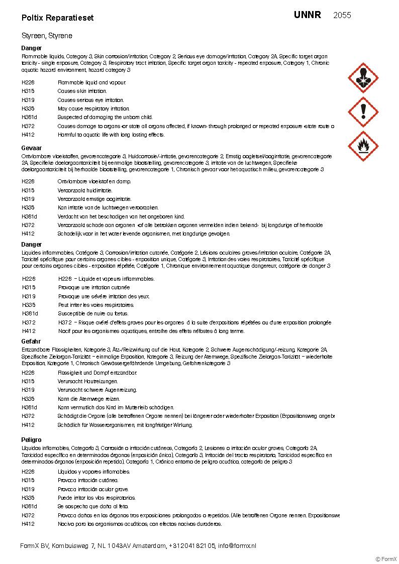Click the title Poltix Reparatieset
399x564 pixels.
[x=57, y=18]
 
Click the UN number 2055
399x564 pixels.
[x=342, y=15]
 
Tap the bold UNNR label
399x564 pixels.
[x=307, y=15]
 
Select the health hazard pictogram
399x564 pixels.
[x=363, y=78]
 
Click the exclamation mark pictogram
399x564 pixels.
[x=363, y=112]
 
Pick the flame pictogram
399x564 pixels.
[x=363, y=146]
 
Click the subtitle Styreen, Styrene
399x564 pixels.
[x=47, y=36]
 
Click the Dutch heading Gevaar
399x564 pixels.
[x=31, y=148]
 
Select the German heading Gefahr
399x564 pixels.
[x=31, y=342]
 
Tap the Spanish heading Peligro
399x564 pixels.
[x=31, y=439]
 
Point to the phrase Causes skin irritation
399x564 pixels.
[x=82, y=91]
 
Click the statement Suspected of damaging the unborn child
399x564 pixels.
[x=105, y=117]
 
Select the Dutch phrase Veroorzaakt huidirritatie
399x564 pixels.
[x=85, y=190]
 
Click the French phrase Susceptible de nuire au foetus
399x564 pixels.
[x=93, y=313]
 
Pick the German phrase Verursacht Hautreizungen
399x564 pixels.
[x=87, y=381]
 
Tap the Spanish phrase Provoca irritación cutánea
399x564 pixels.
[x=88, y=480]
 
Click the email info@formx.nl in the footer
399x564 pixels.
[x=237, y=545]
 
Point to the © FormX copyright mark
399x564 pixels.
[x=386, y=559]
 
